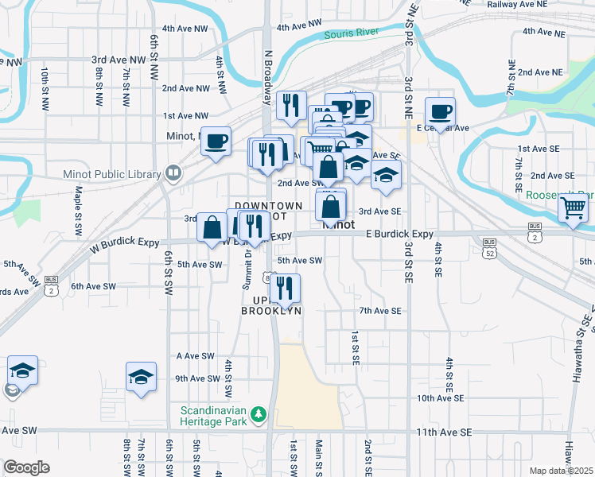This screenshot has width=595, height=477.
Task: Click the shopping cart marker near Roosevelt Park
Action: pyautogui.click(x=574, y=208)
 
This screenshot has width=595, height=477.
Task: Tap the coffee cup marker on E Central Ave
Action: pyautogui.click(x=440, y=111)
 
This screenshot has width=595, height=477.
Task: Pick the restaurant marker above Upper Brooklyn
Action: pyautogui.click(x=286, y=288)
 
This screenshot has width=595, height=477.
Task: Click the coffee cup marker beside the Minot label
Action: pyautogui.click(x=216, y=142)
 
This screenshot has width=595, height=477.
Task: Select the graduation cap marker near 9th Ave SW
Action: pyautogui.click(x=141, y=377)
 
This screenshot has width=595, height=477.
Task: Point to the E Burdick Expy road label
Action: pyautogui.click(x=399, y=234)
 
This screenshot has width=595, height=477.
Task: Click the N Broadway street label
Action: pyautogui.click(x=267, y=65)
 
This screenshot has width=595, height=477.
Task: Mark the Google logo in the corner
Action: pyautogui.click(x=27, y=467)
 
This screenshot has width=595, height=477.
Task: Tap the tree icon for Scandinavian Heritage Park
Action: pyautogui.click(x=258, y=414)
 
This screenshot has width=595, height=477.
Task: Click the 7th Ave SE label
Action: pyautogui.click(x=380, y=311)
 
